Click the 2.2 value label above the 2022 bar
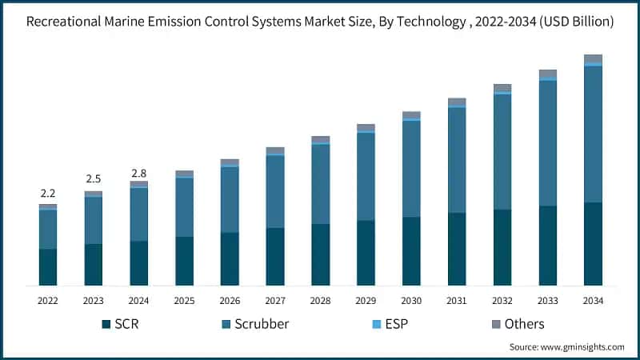point(48,194)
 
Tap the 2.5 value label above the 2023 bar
point(94,178)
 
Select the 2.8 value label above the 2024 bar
point(139,173)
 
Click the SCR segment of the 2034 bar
point(593,244)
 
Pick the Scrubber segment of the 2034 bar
point(593,134)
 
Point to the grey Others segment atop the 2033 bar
point(547,74)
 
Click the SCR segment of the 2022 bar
point(48,267)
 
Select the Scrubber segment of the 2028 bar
point(321,184)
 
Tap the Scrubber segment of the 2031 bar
point(457,160)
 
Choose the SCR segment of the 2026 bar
point(230,259)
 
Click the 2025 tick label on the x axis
point(184,301)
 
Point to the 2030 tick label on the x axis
point(411,301)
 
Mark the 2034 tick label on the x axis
point(593,301)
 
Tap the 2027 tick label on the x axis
point(275,301)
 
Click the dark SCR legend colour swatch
point(106,325)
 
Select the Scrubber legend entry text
point(262,324)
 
